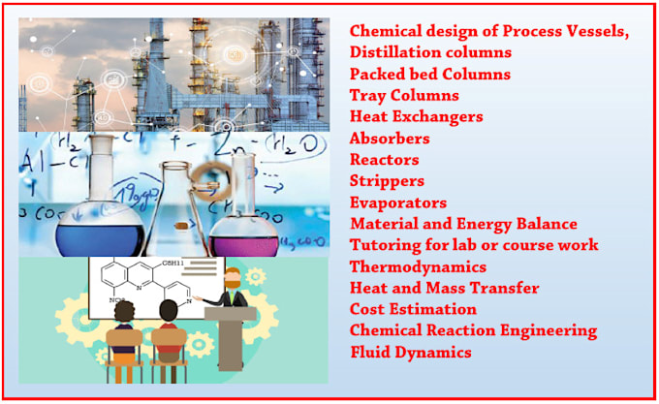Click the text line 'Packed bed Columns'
[x=429, y=74]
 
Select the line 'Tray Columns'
[x=404, y=95]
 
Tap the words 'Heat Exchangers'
[x=416, y=116]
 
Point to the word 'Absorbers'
[x=390, y=138]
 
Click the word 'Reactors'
[x=385, y=159]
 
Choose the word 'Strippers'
[x=387, y=180]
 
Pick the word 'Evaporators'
[x=398, y=202]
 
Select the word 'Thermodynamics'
[x=418, y=266]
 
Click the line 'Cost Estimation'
[x=413, y=309]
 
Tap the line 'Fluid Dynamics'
[x=410, y=352]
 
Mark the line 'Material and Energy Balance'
[x=463, y=224]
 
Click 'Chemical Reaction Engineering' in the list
[x=473, y=330]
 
